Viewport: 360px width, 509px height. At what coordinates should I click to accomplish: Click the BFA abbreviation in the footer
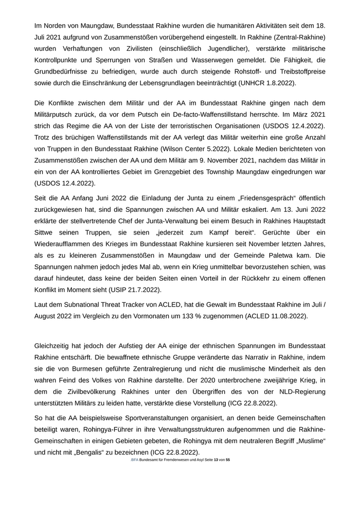point(135,460)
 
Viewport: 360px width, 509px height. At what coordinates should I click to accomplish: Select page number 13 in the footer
point(216,460)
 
